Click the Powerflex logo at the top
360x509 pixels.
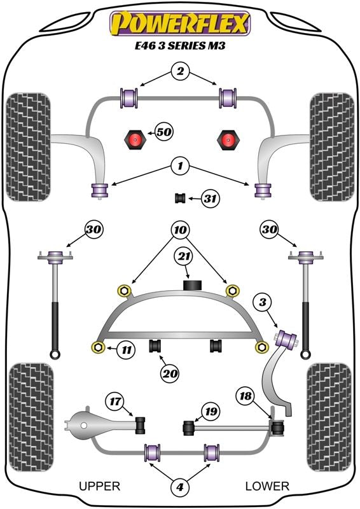click(x=180, y=24)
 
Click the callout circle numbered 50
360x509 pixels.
click(x=164, y=132)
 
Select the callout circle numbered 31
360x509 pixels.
click(x=210, y=198)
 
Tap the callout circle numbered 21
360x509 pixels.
click(x=184, y=257)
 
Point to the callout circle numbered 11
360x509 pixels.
click(x=127, y=350)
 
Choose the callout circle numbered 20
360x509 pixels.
click(x=170, y=374)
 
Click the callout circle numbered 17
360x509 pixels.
click(x=115, y=401)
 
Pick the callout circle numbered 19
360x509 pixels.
click(x=211, y=412)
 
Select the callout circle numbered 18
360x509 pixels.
click(x=246, y=396)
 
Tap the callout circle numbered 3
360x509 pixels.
click(x=262, y=303)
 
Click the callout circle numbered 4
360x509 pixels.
click(x=180, y=487)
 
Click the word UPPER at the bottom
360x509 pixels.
click(x=100, y=486)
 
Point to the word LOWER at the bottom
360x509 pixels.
click(x=267, y=486)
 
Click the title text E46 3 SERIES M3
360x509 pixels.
click(x=180, y=45)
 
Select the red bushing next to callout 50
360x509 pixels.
click(x=134, y=140)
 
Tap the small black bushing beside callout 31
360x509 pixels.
click(x=180, y=198)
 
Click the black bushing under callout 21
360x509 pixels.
click(x=193, y=284)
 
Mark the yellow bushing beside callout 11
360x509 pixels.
click(x=98, y=347)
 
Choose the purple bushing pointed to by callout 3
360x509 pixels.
click(x=286, y=338)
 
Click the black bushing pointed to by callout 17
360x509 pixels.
click(x=141, y=424)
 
